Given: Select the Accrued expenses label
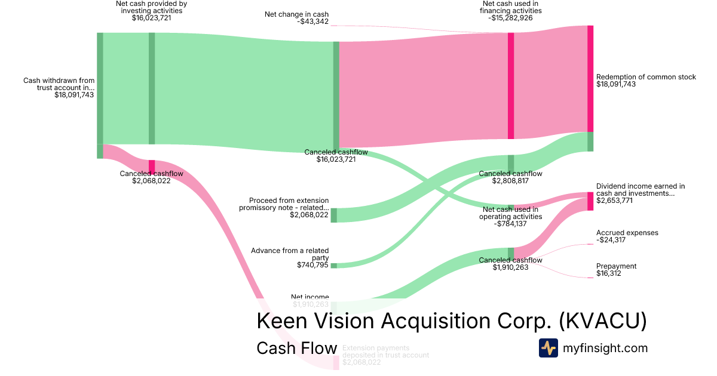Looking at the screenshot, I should [x=627, y=233].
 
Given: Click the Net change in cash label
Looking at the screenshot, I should [x=296, y=14].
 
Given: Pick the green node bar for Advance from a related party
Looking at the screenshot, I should [x=334, y=266].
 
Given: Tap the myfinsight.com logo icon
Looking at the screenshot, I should [x=548, y=348].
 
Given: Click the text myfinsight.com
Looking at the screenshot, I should [x=605, y=348].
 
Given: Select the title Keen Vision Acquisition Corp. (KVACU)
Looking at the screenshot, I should [x=451, y=321].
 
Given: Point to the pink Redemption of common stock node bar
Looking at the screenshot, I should [x=590, y=79].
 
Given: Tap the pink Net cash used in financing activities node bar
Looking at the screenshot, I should [x=511, y=86].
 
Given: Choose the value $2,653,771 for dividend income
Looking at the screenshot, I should [x=615, y=201].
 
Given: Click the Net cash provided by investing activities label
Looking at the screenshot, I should [x=151, y=7].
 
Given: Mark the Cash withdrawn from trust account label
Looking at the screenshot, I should [x=59, y=84].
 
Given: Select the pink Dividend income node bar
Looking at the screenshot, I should [x=590, y=201].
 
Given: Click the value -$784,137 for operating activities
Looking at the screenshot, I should [x=510, y=224].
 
